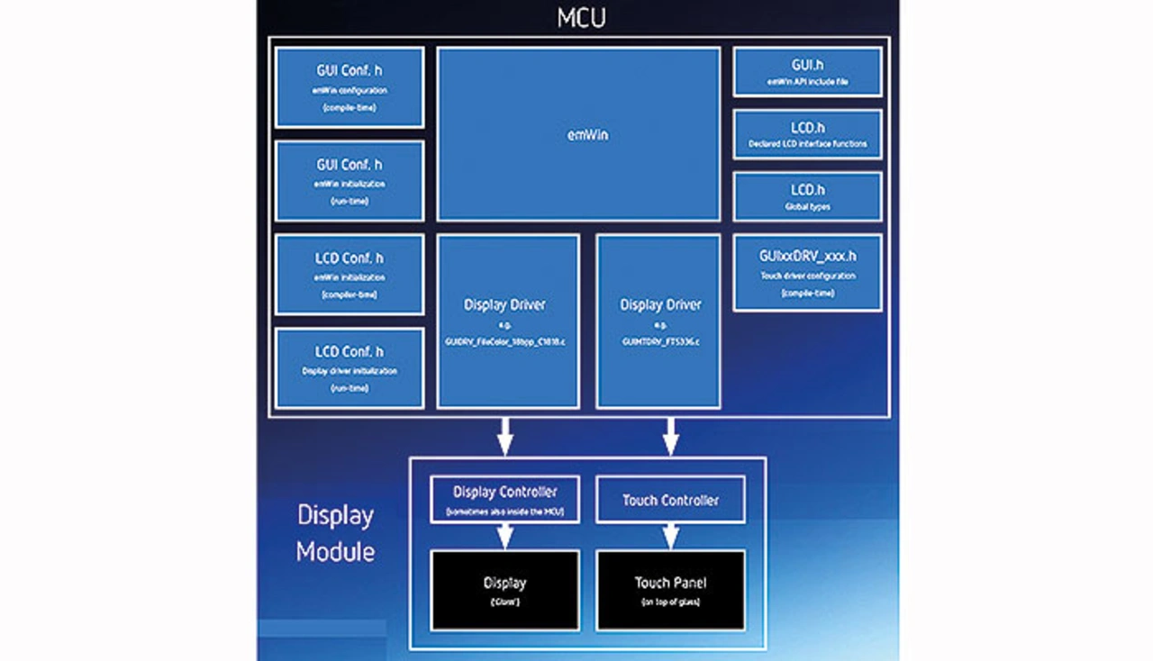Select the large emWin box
coord(577,134)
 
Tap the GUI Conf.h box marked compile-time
coord(350,87)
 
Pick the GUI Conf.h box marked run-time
coord(350,180)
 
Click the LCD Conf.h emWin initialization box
coord(350,274)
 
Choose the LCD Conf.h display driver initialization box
coord(350,367)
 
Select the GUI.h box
coord(807,71)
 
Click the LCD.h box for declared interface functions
coord(807,134)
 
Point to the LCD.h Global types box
coord(807,196)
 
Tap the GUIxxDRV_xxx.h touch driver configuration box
coord(807,273)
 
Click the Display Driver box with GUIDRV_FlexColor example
coord(507,321)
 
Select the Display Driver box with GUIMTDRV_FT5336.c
coord(658,321)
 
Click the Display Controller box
coord(504,500)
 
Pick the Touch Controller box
coord(670,500)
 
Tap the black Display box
coord(504,590)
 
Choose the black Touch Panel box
coord(670,590)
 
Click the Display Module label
coord(335,533)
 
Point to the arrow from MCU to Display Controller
coord(504,437)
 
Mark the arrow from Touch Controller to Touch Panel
coord(670,536)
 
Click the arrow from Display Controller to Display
coord(504,536)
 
